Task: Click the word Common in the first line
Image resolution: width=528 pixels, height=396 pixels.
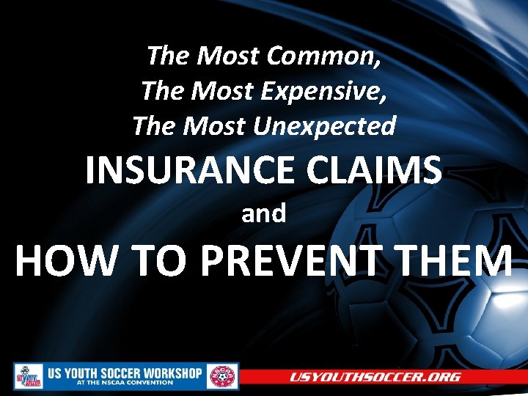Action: pos(323,55)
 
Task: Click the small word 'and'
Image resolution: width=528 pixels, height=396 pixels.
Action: pos(264,213)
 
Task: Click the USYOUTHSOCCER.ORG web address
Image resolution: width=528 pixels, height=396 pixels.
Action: pos(375,377)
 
